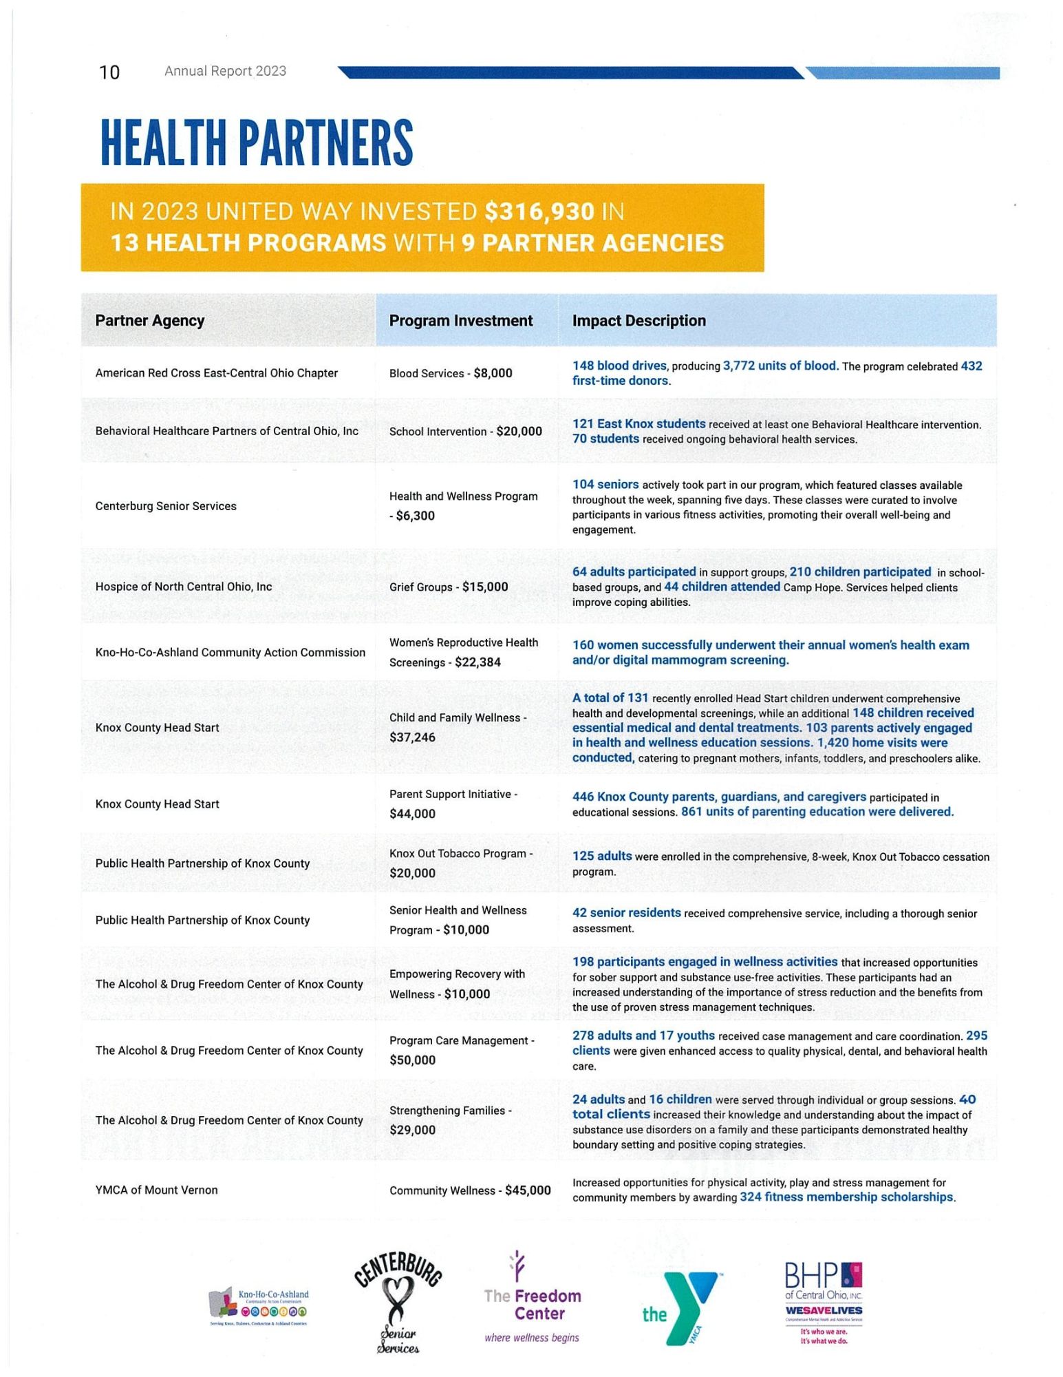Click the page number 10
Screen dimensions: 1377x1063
(109, 72)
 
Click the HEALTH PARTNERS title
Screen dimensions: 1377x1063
(257, 143)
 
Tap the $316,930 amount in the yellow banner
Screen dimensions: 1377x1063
(539, 211)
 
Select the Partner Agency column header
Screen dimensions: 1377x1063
(149, 321)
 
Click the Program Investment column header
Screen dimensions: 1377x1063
(460, 321)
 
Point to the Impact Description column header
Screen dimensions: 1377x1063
(638, 321)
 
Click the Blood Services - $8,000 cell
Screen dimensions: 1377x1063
(451, 373)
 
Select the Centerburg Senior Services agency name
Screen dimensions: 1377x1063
(166, 506)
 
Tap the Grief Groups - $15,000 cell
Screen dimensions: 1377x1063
(449, 587)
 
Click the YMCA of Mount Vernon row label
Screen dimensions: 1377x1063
(156, 1190)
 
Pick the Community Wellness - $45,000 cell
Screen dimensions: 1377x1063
(470, 1190)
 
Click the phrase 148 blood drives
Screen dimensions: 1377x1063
(619, 366)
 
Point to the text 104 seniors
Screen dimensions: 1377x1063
(605, 485)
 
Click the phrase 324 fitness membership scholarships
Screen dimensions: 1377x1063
(846, 1197)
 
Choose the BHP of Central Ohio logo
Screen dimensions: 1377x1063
(824, 1302)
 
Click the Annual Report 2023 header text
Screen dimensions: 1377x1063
(225, 71)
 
